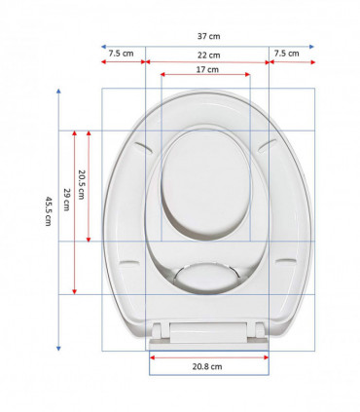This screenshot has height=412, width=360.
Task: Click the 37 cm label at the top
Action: coord(206,34)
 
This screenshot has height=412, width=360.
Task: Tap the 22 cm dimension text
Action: coord(206,55)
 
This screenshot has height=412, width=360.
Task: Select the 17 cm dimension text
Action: coord(206,70)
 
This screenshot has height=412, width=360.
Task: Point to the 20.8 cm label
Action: coord(209,367)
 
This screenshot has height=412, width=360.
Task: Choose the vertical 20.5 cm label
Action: coord(84,184)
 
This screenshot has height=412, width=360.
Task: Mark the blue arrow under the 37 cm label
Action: coord(206,45)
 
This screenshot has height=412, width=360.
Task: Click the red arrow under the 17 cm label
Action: coord(206,78)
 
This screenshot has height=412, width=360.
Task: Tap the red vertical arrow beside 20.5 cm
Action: coord(90,184)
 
